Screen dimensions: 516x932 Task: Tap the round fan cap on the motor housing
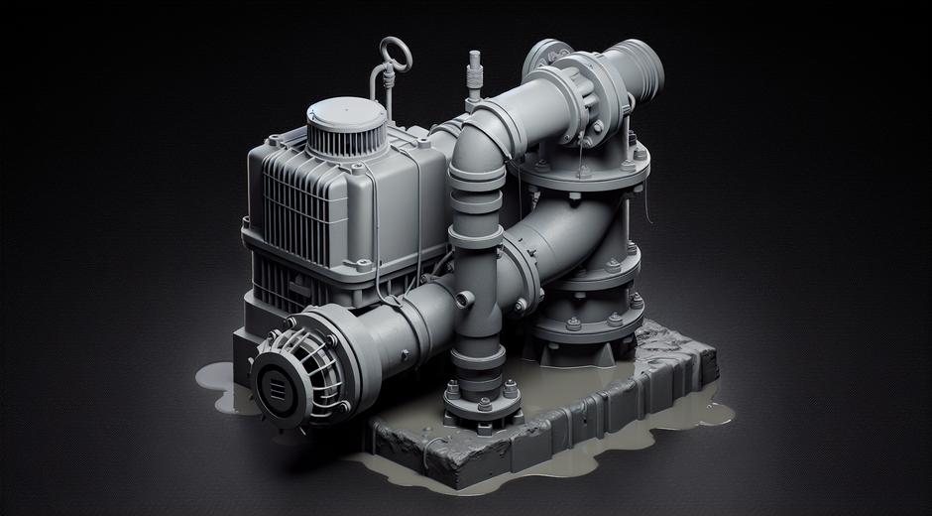pos(343,128)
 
